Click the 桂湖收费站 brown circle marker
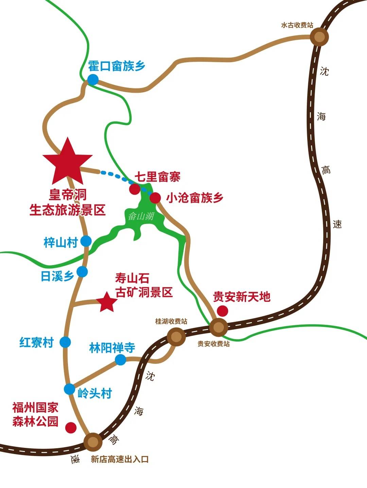pyautogui.click(x=176, y=337)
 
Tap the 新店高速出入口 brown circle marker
pyautogui.click(x=93, y=442)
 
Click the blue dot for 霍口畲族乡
pyautogui.click(x=93, y=80)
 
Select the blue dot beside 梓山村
pyautogui.click(x=86, y=241)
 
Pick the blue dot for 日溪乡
pyautogui.click(x=82, y=272)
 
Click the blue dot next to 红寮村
pyautogui.click(x=65, y=342)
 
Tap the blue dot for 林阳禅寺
pyautogui.click(x=121, y=360)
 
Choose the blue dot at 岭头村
pyautogui.click(x=70, y=389)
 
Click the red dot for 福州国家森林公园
pyautogui.click(x=71, y=427)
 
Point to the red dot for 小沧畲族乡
pyautogui.click(x=155, y=197)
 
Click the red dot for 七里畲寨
pyautogui.click(x=134, y=189)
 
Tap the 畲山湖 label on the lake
pyautogui.click(x=141, y=216)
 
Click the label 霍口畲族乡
pyautogui.click(x=117, y=66)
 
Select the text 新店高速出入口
pyautogui.click(x=120, y=459)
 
